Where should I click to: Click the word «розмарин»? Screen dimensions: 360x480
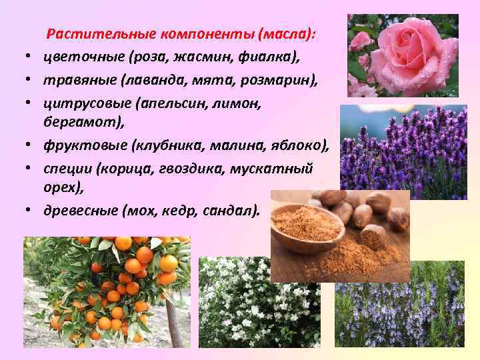coord(279,80)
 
